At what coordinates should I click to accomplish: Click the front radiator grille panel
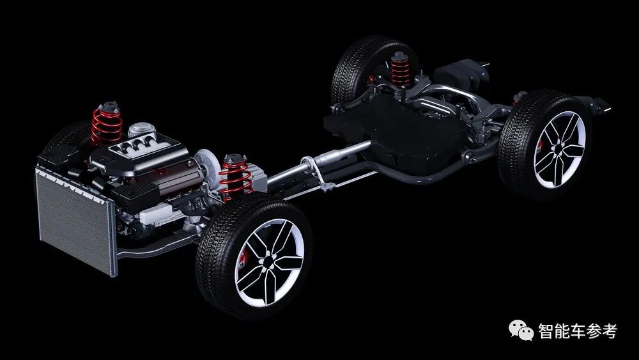76,219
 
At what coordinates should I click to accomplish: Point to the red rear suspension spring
400,70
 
